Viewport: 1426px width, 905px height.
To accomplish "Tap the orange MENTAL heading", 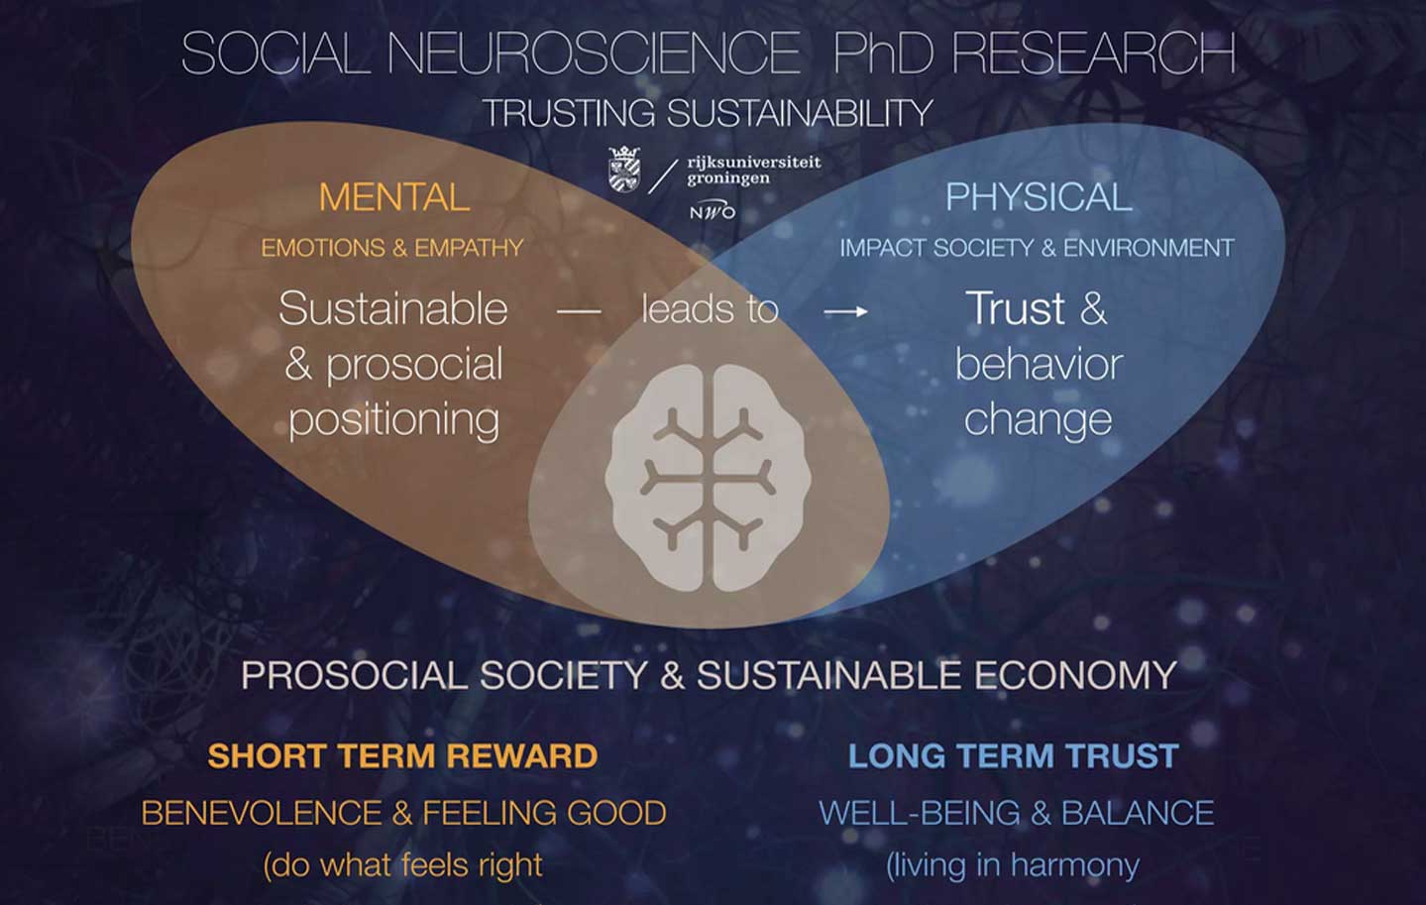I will pos(394,197).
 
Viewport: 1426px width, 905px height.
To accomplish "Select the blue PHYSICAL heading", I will pos(1038,197).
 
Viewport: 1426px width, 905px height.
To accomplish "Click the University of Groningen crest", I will pos(624,170).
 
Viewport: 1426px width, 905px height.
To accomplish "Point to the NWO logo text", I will pos(713,211).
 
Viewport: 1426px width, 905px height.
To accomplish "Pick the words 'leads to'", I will pos(710,309).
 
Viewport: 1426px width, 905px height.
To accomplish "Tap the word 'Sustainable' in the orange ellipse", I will pos(393,308).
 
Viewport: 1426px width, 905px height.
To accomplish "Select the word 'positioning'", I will pos(394,420).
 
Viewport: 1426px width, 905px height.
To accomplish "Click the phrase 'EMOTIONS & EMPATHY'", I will pos(392,248).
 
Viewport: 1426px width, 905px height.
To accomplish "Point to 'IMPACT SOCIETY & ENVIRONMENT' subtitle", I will pos(1037,248).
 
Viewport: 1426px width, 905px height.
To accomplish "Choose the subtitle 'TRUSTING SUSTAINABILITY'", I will pos(708,113).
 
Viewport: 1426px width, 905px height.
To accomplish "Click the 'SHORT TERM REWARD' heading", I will pos(402,756).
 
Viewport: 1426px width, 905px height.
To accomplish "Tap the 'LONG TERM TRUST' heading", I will pos(1013,756).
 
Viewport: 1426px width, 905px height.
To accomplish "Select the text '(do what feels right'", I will pos(402,865).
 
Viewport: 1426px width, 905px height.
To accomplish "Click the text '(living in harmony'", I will pos(1013,865).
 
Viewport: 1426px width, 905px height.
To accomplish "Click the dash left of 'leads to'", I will pos(579,312).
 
